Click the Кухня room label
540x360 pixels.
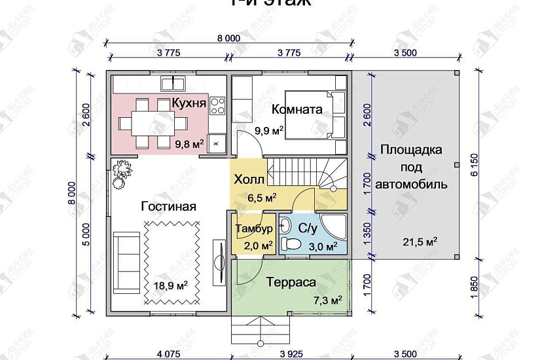pyautogui.click(x=189, y=103)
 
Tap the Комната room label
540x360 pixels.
pyautogui.click(x=297, y=109)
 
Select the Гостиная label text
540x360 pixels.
pyautogui.click(x=168, y=206)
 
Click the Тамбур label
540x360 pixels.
pyautogui.click(x=250, y=229)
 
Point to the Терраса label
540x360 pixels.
pyautogui.click(x=291, y=283)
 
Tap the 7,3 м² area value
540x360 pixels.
pyautogui.click(x=327, y=300)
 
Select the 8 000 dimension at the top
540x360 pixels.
pyautogui.click(x=228, y=39)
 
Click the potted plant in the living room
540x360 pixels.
pyautogui.click(x=119, y=173)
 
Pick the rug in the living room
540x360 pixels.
pyautogui.click(x=171, y=261)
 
